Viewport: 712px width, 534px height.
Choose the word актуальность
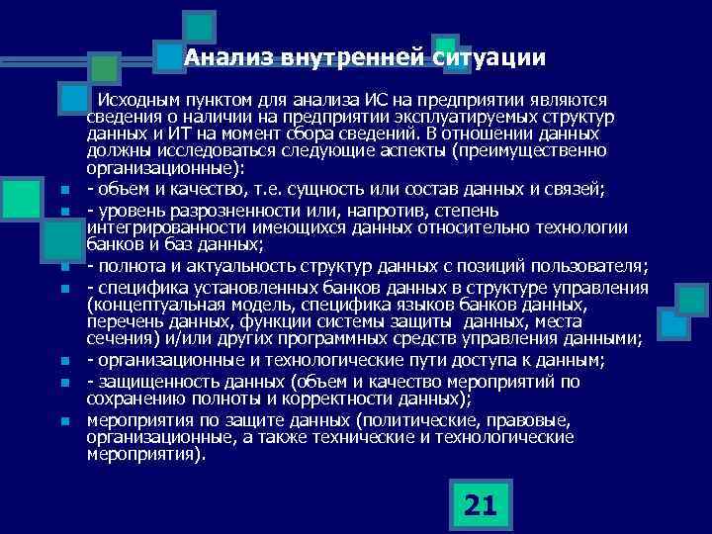pos(295,267)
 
